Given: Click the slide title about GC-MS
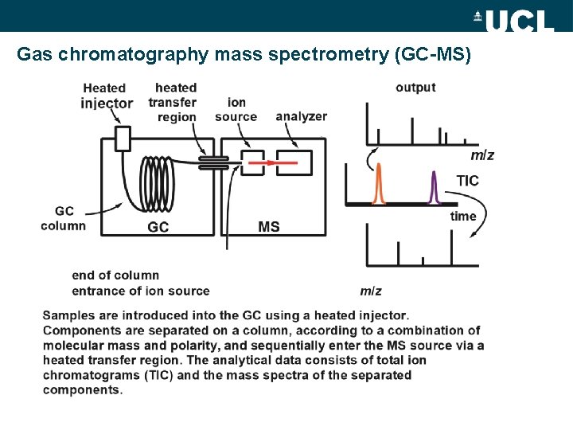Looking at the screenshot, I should (244, 55).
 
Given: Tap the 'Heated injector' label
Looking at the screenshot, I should (106, 96).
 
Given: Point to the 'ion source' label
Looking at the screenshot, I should (236, 109).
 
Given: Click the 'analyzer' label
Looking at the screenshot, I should (301, 116).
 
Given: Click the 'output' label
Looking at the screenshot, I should (415, 88).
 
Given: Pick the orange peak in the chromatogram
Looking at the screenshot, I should (379, 185).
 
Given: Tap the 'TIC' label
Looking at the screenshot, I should (467, 181).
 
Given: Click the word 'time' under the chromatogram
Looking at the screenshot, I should (463, 217).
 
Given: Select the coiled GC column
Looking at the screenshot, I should (157, 182).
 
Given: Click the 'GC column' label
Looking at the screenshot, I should (64, 218).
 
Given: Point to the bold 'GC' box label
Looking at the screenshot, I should (158, 227).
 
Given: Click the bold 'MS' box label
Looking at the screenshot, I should (269, 227).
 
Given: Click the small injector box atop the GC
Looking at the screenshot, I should (122, 139).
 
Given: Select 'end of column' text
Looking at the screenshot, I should (115, 276).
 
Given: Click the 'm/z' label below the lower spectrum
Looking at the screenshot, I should (370, 291).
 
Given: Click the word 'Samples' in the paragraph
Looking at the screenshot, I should (68, 316).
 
